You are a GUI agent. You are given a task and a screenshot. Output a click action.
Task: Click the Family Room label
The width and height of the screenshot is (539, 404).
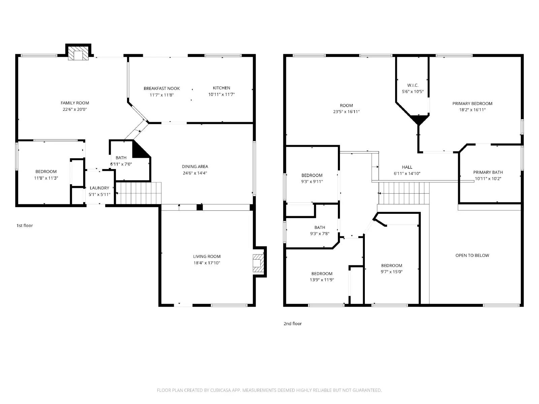(75, 103)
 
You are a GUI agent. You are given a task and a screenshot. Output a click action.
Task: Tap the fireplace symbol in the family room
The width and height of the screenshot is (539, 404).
(78, 54)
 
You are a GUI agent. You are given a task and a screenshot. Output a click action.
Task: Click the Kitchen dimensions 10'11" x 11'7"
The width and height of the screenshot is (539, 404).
(221, 95)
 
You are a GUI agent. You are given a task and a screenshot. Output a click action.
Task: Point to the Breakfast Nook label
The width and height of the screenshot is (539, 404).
(162, 89)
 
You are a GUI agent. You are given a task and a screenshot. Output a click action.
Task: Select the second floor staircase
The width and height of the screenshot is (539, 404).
(404, 193)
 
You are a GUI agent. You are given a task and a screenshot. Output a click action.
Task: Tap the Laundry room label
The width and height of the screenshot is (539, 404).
(99, 188)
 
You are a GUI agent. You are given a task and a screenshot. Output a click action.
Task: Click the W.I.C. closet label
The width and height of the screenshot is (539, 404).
(413, 86)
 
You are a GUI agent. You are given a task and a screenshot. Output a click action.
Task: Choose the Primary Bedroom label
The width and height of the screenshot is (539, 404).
(472, 104)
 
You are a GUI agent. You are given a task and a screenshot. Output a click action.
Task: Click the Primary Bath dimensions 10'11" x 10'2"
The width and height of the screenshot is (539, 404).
(488, 179)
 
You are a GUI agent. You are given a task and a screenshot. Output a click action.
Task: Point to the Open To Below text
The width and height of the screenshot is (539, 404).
(472, 256)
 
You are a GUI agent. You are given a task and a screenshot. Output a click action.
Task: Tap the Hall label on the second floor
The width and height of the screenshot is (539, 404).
(407, 167)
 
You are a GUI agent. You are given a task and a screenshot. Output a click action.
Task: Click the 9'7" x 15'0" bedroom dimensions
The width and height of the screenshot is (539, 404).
(392, 272)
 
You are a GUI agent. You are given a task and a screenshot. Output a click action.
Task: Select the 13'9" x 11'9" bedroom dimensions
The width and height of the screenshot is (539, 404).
(322, 280)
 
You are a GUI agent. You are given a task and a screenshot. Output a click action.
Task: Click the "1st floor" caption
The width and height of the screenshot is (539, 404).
(25, 226)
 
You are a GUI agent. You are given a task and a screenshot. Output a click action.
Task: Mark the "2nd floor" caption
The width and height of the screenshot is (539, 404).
(292, 324)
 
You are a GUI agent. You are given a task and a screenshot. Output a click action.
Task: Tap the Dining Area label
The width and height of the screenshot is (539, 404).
(195, 167)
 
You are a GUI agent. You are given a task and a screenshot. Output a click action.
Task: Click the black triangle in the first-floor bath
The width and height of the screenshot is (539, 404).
(139, 151)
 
